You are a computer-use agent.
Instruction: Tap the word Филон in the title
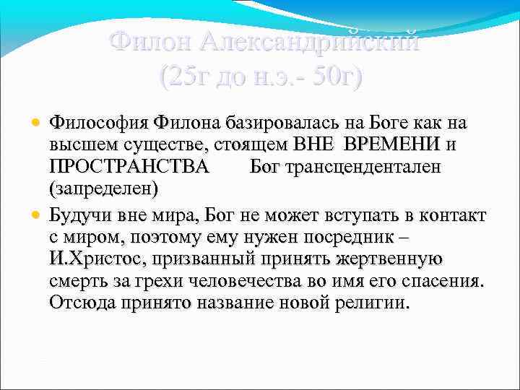coord(150,42)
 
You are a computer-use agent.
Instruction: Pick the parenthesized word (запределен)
coord(103,189)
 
